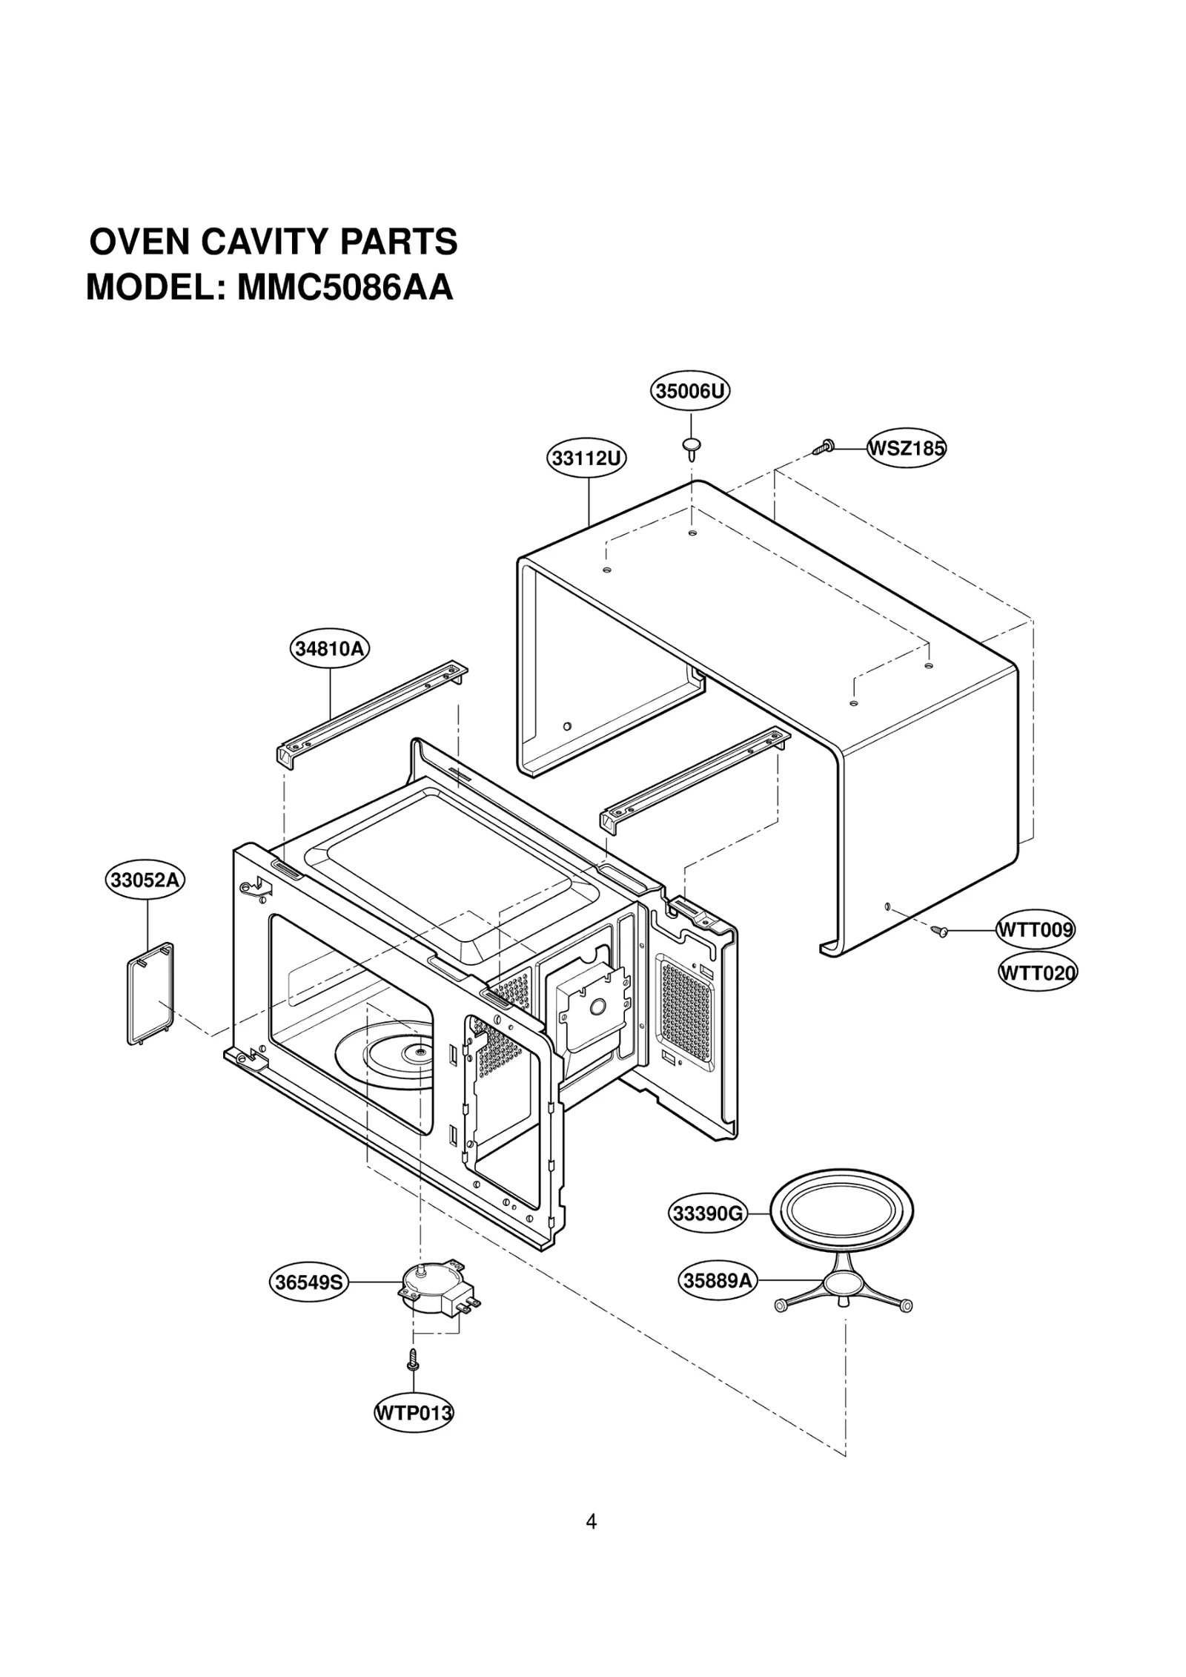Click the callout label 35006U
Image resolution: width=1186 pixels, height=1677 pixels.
point(689,391)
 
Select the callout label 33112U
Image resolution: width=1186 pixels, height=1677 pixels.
point(587,458)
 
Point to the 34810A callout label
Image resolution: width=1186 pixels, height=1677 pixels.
point(329,649)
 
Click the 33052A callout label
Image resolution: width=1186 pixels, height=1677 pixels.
point(144,880)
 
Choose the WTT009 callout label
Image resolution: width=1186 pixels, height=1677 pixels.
point(1035,929)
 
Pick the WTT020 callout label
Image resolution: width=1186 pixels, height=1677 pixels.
point(1037,972)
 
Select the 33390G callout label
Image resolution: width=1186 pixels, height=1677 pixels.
point(706,1214)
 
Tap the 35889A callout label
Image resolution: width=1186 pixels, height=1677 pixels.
point(717,1281)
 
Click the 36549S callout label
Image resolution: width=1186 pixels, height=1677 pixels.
point(308,1282)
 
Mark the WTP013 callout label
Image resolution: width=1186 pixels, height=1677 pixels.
point(414,1413)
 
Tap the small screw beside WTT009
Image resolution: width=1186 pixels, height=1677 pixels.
point(940,930)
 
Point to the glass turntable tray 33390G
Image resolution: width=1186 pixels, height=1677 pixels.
point(841,1211)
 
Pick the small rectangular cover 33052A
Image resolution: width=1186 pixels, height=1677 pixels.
point(150,992)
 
